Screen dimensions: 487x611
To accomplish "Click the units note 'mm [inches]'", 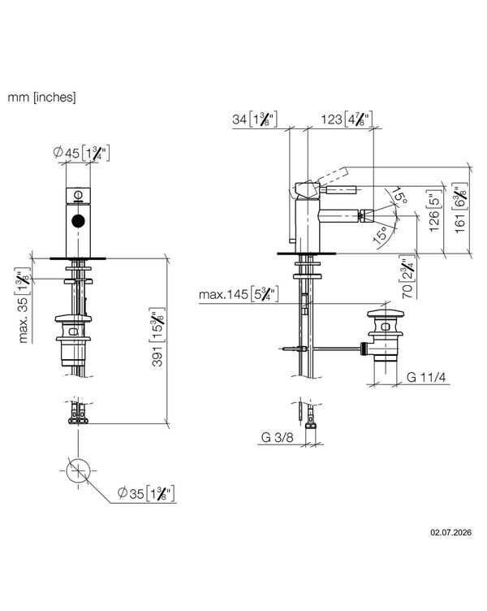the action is point(41,97).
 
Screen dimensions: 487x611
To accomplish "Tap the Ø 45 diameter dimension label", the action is point(81,153).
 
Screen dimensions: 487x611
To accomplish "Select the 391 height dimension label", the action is point(157,336).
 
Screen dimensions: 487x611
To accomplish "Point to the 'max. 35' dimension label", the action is point(23,305).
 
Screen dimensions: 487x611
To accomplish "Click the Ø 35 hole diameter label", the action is point(146,493).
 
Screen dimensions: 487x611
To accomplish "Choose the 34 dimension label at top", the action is point(255,119).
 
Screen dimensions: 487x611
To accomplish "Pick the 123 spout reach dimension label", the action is point(347,119).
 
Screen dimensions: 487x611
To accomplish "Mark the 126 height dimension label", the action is point(436,210).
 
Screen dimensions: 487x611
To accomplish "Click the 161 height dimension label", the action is point(461,208).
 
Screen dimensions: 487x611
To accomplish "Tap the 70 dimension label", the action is point(407,277).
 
